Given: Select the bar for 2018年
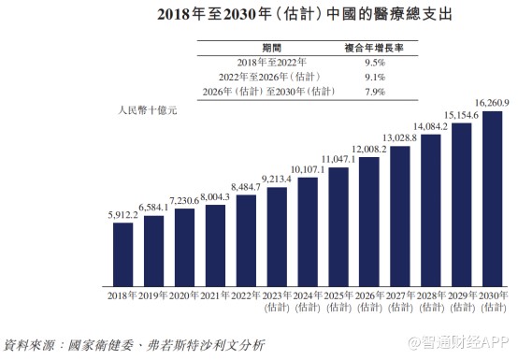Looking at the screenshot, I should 122,252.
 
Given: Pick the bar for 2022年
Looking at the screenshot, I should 246,238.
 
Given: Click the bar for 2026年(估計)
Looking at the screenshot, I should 369,220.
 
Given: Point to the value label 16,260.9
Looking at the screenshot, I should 493,105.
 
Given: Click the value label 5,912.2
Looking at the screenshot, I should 122,214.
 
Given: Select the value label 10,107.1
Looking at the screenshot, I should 308,169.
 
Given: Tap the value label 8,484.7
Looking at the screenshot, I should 246,186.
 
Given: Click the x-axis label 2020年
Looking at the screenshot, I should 184,295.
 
